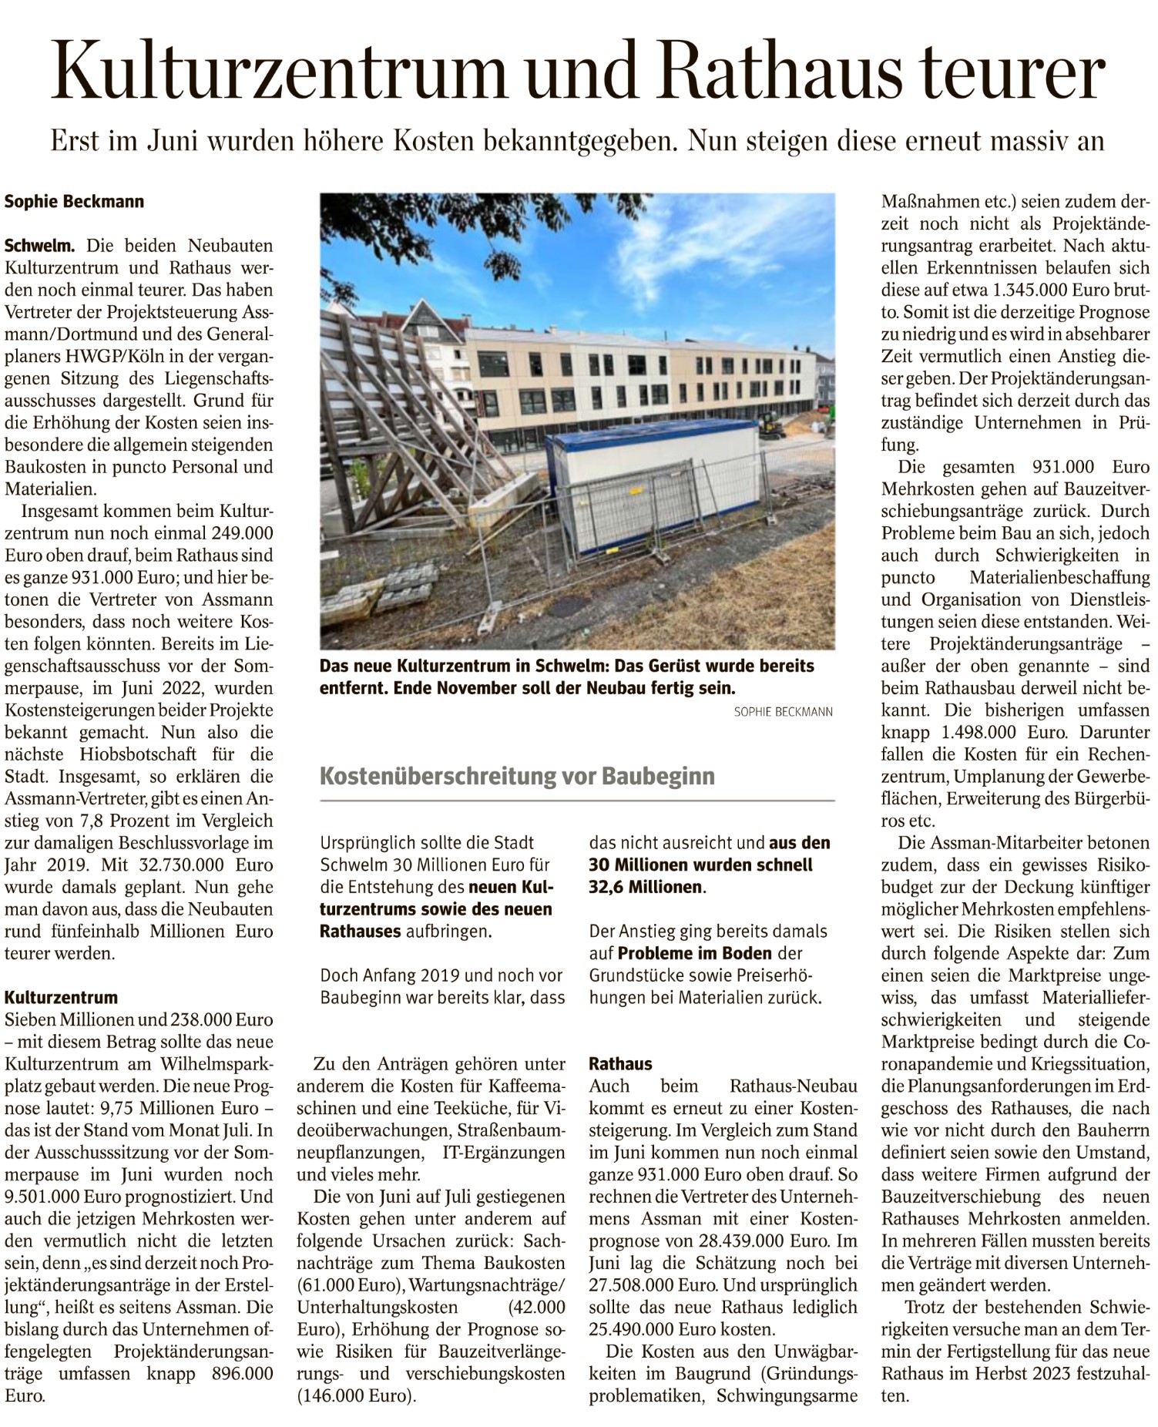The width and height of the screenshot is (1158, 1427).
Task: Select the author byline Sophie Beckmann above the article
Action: coord(74,203)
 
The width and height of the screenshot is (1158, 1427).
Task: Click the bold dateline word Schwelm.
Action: coord(40,247)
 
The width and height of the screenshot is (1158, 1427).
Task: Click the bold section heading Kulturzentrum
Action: coord(62,998)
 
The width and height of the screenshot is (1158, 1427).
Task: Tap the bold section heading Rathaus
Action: coord(620,1064)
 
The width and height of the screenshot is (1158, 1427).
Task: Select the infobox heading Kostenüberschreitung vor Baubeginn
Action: coord(517,776)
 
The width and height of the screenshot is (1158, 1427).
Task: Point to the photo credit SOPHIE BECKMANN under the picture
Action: coord(784,712)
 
